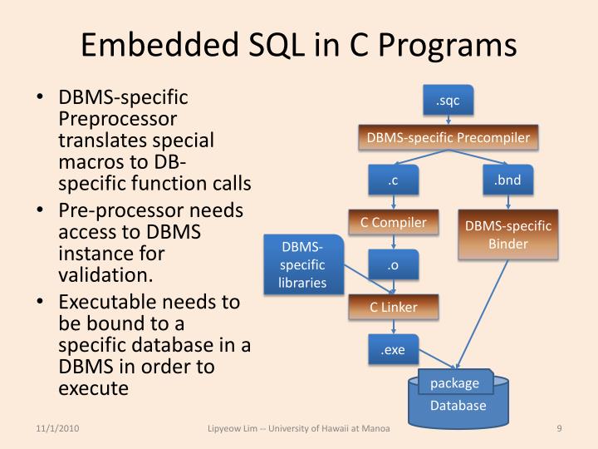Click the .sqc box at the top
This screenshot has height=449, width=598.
[448, 101]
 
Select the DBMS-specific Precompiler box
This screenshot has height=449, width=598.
[448, 137]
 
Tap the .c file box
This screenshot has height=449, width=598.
[393, 181]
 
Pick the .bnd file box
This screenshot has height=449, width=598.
[507, 181]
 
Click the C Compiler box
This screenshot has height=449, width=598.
[393, 223]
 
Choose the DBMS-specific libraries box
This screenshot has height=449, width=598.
[302, 265]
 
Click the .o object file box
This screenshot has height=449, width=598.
[393, 266]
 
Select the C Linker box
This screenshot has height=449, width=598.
[393, 307]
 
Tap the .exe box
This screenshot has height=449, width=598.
[393, 350]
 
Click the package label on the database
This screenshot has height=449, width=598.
[454, 383]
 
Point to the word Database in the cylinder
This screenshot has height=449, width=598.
[458, 407]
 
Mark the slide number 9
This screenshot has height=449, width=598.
[559, 429]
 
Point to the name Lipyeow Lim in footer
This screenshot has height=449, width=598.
[238, 429]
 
